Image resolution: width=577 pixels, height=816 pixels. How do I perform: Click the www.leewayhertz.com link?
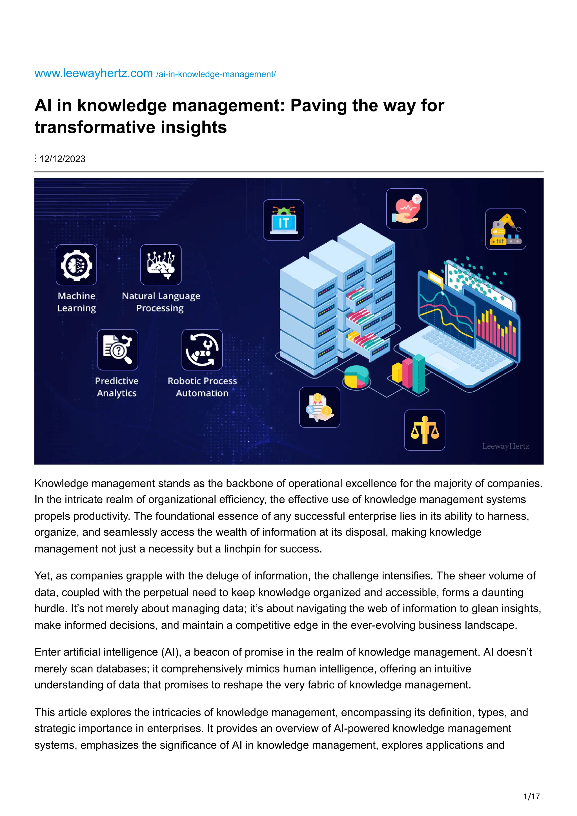[94, 73]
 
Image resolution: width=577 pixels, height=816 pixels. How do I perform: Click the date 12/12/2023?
[62, 159]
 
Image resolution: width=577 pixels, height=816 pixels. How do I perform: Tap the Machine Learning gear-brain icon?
[76, 265]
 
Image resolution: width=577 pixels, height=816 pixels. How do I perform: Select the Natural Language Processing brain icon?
[161, 265]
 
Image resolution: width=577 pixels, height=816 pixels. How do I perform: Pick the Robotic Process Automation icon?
[202, 350]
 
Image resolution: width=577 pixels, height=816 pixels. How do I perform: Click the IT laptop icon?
[283, 220]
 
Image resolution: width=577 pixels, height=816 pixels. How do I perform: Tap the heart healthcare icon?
[407, 209]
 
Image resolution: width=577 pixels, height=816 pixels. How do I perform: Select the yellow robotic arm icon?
[505, 229]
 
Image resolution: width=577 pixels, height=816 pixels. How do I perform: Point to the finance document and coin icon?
[319, 407]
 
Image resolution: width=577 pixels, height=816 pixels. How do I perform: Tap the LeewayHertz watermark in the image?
[505, 446]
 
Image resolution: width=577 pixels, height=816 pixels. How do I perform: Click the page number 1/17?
[531, 797]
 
